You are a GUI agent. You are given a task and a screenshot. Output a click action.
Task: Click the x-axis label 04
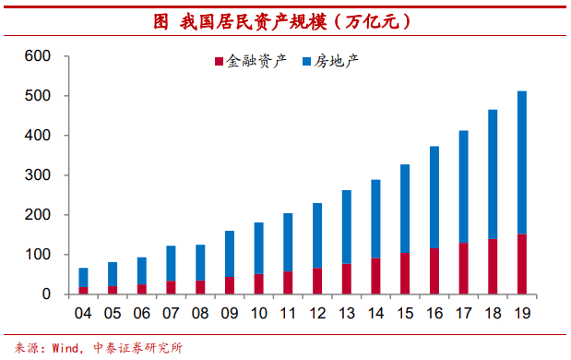tap(83, 313)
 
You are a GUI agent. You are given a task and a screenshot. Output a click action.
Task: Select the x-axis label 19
tap(522, 313)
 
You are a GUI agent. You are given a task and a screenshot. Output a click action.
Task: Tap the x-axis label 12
tap(317, 313)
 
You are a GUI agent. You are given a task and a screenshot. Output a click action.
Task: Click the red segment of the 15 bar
tap(405, 273)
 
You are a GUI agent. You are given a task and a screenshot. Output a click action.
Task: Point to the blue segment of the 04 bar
tap(83, 277)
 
